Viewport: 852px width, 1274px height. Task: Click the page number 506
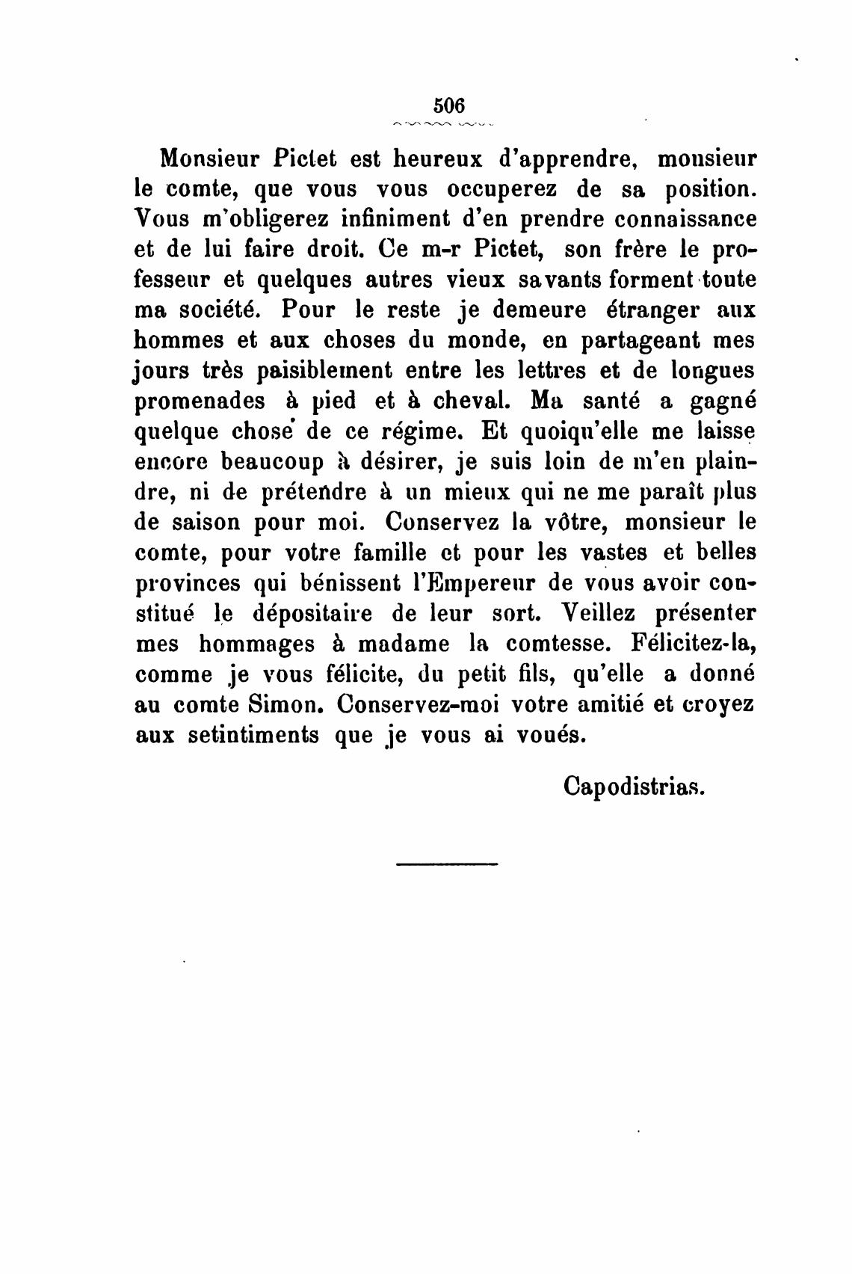pos(448,104)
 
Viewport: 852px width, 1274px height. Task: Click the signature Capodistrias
pos(634,786)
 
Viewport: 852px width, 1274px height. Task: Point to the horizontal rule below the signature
pos(447,865)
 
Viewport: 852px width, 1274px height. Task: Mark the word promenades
pos(200,401)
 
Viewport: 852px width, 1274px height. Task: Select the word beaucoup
pos(273,462)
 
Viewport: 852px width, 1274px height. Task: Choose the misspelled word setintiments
pos(253,735)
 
